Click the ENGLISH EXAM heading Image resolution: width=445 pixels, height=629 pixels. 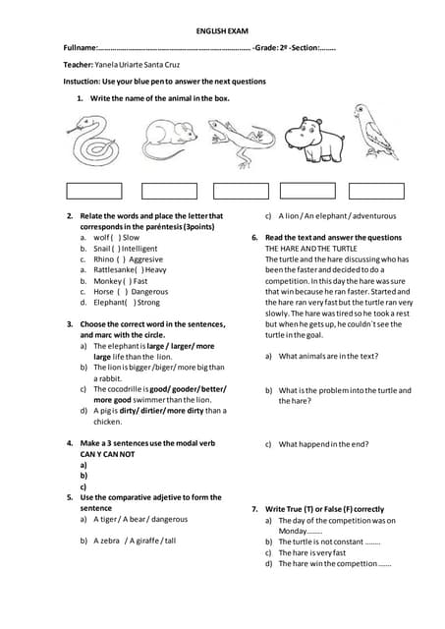pyautogui.click(x=222, y=31)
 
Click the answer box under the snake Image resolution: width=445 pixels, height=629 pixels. pyautogui.click(x=94, y=191)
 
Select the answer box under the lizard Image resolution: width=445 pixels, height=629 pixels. pyautogui.click(x=241, y=191)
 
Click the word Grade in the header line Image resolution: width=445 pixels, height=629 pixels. pyautogui.click(x=267, y=47)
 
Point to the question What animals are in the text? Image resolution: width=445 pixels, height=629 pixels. pyautogui.click(x=328, y=356)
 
